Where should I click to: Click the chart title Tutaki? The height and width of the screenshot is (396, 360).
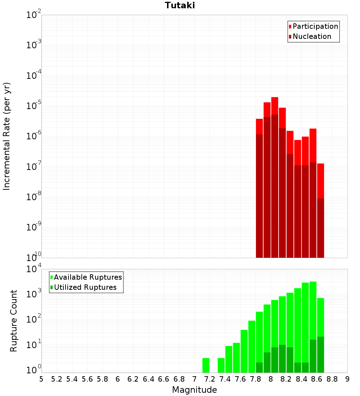[180, 5]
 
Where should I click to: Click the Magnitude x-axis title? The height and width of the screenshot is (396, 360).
[194, 390]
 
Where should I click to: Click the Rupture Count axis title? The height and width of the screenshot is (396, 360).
[14, 320]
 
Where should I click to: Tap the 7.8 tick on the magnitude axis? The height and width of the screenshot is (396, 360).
[256, 379]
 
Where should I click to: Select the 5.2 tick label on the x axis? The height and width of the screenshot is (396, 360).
[57, 379]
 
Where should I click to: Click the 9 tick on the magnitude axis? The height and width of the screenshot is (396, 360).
[347, 379]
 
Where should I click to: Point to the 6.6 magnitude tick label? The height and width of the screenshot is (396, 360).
[164, 379]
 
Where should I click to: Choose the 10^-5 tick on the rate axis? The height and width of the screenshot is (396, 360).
[33, 105]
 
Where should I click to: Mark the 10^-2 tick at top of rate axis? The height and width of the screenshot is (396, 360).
[33, 15]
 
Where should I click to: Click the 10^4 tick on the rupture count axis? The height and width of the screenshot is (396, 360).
[33, 269]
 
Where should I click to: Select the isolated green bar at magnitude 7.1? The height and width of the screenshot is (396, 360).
[206, 365]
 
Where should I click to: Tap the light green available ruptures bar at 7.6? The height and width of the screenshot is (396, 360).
[244, 351]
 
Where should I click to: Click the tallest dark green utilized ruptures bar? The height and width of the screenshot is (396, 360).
[320, 355]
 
